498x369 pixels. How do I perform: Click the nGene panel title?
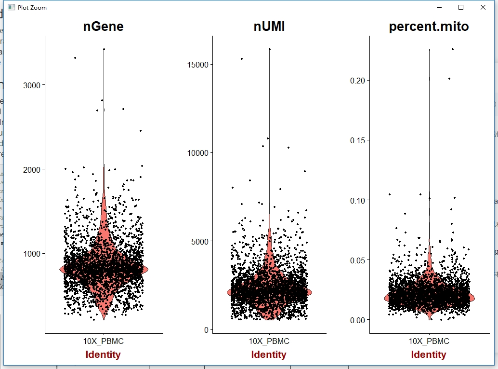click(103, 27)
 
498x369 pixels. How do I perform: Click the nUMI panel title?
click(269, 27)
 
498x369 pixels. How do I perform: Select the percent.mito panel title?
click(429, 27)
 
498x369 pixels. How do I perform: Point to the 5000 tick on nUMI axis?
click(199, 241)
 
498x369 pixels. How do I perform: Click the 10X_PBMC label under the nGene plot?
click(103, 342)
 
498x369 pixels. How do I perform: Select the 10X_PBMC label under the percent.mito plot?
click(429, 342)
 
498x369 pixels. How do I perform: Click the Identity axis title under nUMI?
click(269, 355)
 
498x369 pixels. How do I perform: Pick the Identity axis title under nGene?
click(103, 355)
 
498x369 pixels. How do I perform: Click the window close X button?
click(483, 7)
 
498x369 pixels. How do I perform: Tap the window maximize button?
click(461, 7)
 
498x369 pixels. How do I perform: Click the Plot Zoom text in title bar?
click(32, 8)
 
